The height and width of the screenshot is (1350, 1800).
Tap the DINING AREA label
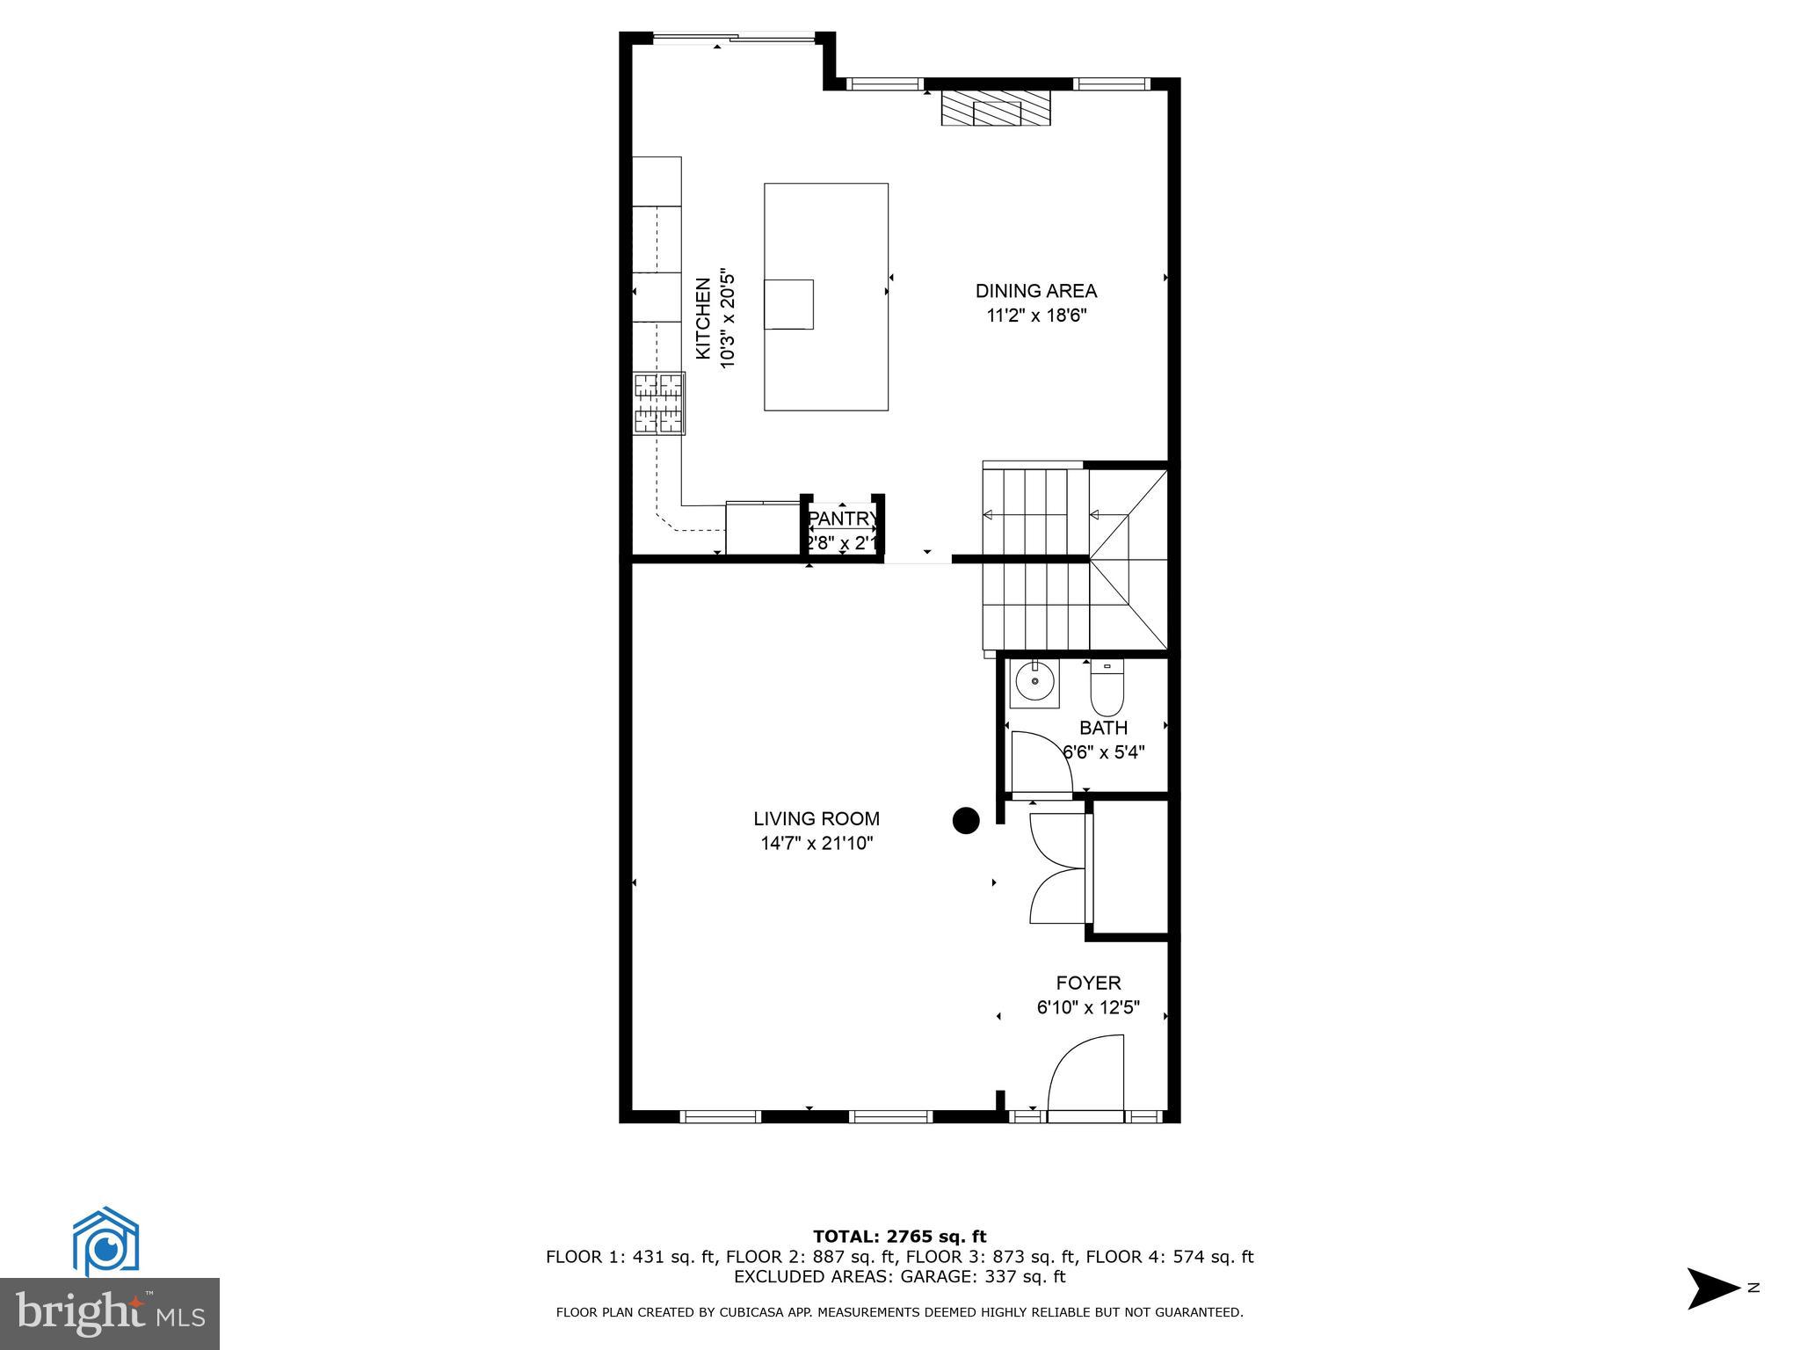click(x=1035, y=291)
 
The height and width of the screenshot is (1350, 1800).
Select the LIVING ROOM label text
click(x=816, y=819)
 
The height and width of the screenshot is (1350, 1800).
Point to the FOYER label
click(x=1088, y=983)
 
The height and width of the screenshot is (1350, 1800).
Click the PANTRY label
click(x=842, y=519)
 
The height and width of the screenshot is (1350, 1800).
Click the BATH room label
click(x=1103, y=728)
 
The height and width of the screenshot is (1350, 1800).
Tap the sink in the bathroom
click(x=1034, y=682)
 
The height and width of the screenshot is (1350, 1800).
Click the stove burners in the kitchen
click(x=659, y=403)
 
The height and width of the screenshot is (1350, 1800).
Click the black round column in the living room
click(x=966, y=820)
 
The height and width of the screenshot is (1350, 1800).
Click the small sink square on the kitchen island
click(x=788, y=304)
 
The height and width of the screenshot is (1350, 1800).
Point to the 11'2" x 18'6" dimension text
click(x=1036, y=316)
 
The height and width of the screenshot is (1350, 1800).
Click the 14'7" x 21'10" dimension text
click(x=817, y=844)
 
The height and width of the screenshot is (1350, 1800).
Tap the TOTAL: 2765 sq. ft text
click(x=899, y=1237)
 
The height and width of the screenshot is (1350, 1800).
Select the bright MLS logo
click(x=109, y=1313)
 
